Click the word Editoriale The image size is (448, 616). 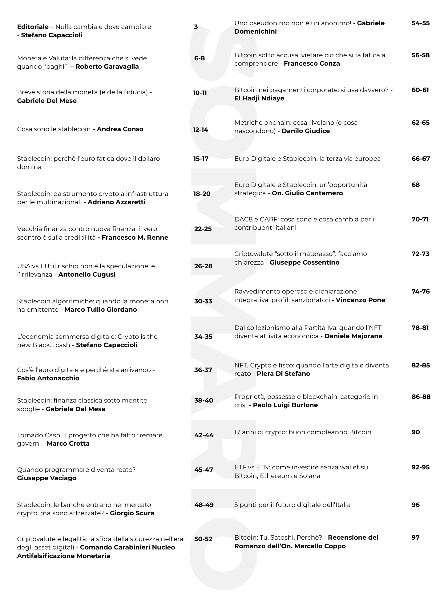pyautogui.click(x=33, y=27)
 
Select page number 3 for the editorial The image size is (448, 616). pyautogui.click(x=196, y=27)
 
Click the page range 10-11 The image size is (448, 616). pyautogui.click(x=200, y=93)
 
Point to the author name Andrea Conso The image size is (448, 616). pyautogui.click(x=120, y=129)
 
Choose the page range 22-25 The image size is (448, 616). pyautogui.click(x=203, y=229)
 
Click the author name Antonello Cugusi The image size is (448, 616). pyautogui.click(x=87, y=274)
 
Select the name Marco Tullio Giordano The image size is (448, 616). pyautogui.click(x=101, y=310)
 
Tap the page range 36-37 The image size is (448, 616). pyautogui.click(x=203, y=370)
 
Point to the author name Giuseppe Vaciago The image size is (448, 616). pyautogui.click(x=47, y=478)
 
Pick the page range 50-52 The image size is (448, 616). pyautogui.click(x=203, y=539)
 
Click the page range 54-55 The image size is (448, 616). pyautogui.click(x=421, y=23)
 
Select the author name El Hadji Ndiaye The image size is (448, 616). pyautogui.click(x=259, y=98)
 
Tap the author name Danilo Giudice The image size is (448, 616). pyautogui.click(x=306, y=131)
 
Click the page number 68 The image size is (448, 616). pyautogui.click(x=416, y=185)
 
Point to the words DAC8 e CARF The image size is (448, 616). pyautogui.click(x=255, y=219)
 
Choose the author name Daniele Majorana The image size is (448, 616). pyautogui.click(x=353, y=336)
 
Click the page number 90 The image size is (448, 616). pyautogui.click(x=416, y=432)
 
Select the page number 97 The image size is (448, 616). pyautogui.click(x=416, y=537)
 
